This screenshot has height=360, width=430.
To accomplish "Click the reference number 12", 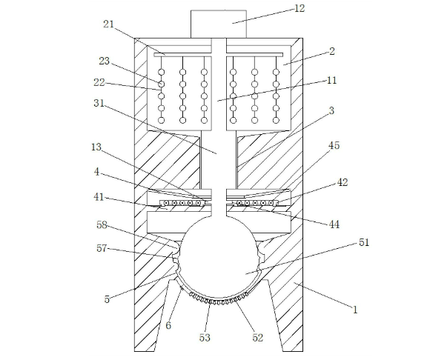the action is [x=300, y=8].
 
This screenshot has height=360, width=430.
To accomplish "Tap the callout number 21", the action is [x=108, y=24].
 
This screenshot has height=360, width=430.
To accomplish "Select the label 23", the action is [x=105, y=61].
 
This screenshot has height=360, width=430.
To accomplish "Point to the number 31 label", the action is [x=99, y=103].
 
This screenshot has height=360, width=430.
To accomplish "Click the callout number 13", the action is [x=96, y=147].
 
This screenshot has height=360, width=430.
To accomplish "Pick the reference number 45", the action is [x=334, y=145].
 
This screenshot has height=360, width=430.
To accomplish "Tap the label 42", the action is [x=343, y=182].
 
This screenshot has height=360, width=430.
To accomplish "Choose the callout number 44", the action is [x=334, y=224].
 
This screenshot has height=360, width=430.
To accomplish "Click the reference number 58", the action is [x=102, y=225].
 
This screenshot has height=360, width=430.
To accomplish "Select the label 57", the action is [x=102, y=248].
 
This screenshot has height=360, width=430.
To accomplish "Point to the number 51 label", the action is [x=364, y=242].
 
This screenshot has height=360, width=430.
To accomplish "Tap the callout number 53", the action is [x=205, y=338].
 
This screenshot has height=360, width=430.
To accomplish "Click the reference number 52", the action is [x=257, y=338].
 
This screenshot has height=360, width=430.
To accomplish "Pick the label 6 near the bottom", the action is [x=168, y=325].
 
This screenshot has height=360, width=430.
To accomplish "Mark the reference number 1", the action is [x=355, y=310].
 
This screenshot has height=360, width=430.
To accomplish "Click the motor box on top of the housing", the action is [x=219, y=24].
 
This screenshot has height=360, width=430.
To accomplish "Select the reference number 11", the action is [x=331, y=80].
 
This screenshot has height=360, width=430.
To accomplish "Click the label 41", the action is [x=99, y=197].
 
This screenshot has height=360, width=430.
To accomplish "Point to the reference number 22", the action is [x=99, y=82].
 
